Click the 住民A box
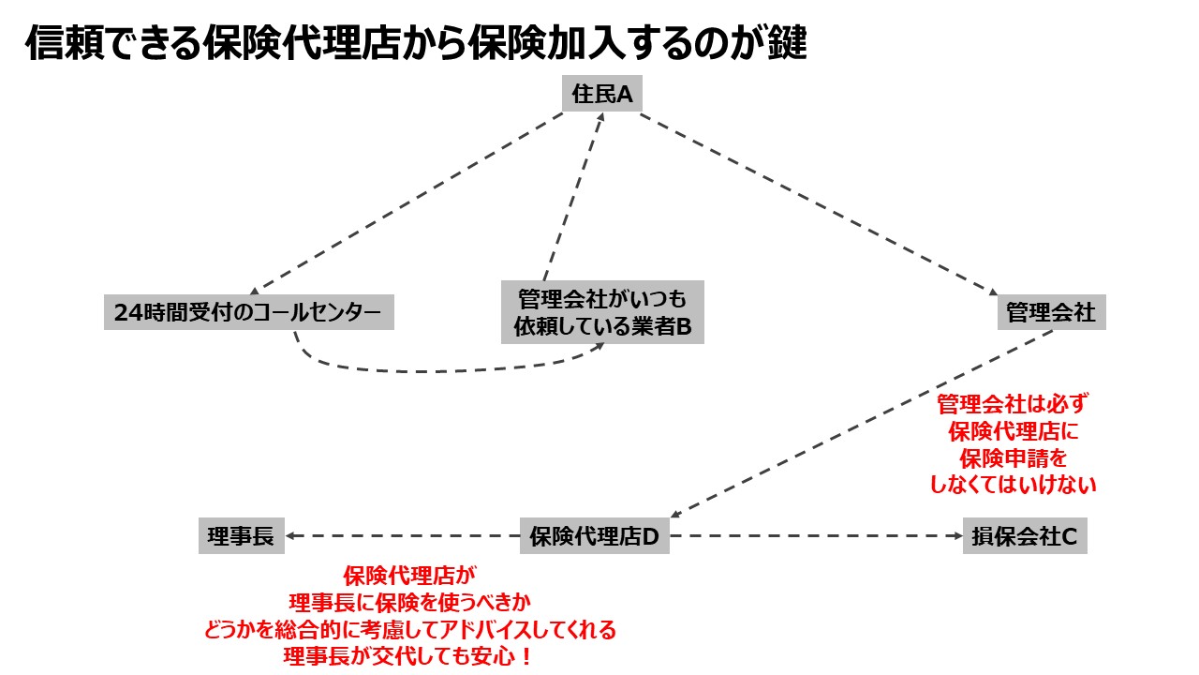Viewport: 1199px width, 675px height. click(602, 95)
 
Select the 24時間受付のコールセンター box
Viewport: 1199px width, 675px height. click(248, 313)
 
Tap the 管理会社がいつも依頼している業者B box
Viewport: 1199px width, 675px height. click(602, 313)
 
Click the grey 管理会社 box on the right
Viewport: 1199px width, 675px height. click(1051, 312)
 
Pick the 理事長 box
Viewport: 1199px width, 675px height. click(241, 536)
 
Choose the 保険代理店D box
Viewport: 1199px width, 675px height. click(595, 536)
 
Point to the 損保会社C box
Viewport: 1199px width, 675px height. click(1025, 536)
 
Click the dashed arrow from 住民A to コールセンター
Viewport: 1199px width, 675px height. click(407, 202)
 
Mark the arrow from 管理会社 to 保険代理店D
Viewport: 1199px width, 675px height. click(862, 422)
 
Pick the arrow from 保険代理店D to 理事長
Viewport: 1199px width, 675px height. click(403, 536)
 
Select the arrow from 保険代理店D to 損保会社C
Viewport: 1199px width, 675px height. click(815, 536)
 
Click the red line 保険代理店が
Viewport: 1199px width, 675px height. click(408, 575)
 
